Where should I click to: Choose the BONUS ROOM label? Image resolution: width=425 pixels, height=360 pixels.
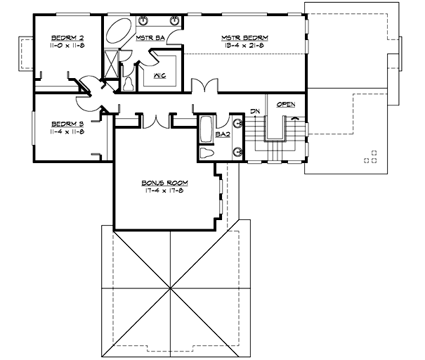[165, 182]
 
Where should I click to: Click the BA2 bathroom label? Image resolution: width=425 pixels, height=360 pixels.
[223, 133]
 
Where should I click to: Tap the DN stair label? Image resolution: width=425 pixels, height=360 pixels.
[255, 112]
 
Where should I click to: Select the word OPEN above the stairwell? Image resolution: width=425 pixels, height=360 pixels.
[285, 105]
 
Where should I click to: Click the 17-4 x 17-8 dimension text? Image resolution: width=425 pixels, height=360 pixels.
[165, 190]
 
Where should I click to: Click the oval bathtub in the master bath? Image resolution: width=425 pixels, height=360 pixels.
[120, 32]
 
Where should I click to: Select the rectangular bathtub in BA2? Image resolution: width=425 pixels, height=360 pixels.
[207, 129]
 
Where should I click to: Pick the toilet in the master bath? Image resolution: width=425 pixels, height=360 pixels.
[130, 82]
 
